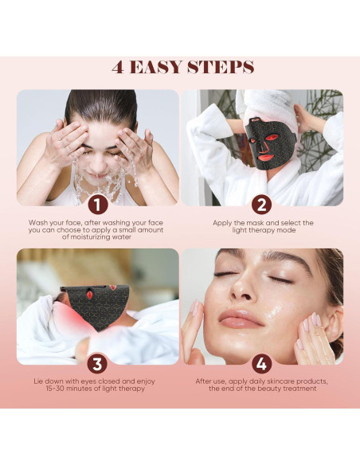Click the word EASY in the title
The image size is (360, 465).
pyautogui.click(x=155, y=68)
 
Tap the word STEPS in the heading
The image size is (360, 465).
pyautogui.click(x=221, y=68)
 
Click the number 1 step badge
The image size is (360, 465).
pyautogui.click(x=97, y=205)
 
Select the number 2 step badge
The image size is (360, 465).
pyautogui.click(x=261, y=205)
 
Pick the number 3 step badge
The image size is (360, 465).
pyautogui.click(x=97, y=364)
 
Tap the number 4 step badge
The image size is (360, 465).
pyautogui.click(x=261, y=364)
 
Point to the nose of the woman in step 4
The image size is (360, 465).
pyautogui.click(x=241, y=288)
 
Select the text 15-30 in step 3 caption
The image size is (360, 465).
pyautogui.click(x=55, y=389)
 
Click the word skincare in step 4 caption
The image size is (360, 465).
pyautogui.click(x=280, y=381)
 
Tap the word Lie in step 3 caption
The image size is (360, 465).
pyautogui.click(x=38, y=381)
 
